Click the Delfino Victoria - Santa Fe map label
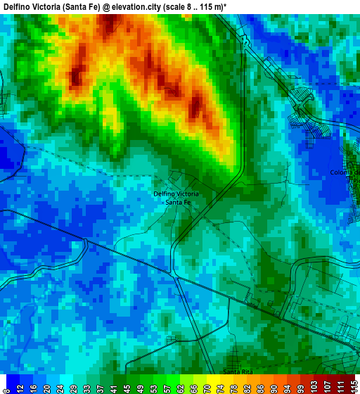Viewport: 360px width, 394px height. point(176,198)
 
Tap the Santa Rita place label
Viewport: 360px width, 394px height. point(237,371)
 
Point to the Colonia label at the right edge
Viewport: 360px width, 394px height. point(347,172)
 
